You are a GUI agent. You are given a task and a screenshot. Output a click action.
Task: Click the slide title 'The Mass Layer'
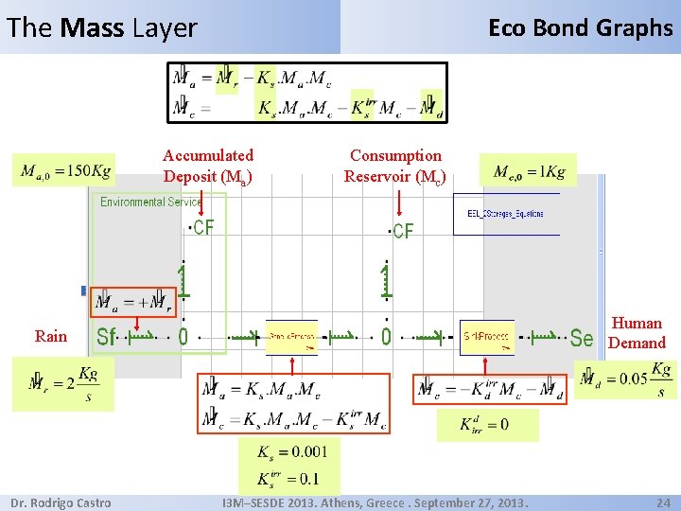click(102, 28)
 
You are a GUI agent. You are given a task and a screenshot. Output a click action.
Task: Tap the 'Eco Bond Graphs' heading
click(580, 28)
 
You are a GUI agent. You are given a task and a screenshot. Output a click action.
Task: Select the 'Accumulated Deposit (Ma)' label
click(208, 166)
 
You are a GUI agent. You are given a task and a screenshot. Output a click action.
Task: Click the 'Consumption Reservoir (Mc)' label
click(395, 166)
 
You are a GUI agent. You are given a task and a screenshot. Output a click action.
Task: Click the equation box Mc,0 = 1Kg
click(530, 171)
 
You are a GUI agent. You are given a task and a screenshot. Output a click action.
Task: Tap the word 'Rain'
click(51, 336)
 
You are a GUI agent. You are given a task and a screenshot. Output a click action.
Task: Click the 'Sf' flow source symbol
click(107, 337)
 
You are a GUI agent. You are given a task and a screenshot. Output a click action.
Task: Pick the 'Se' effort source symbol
click(581, 338)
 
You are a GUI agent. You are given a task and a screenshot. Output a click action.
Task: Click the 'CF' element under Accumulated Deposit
click(202, 228)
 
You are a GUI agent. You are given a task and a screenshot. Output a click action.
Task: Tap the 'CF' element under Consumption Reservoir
click(403, 232)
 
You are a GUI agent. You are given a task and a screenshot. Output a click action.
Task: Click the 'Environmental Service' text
click(151, 203)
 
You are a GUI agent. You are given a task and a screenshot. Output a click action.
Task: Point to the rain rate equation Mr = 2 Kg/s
click(62, 384)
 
